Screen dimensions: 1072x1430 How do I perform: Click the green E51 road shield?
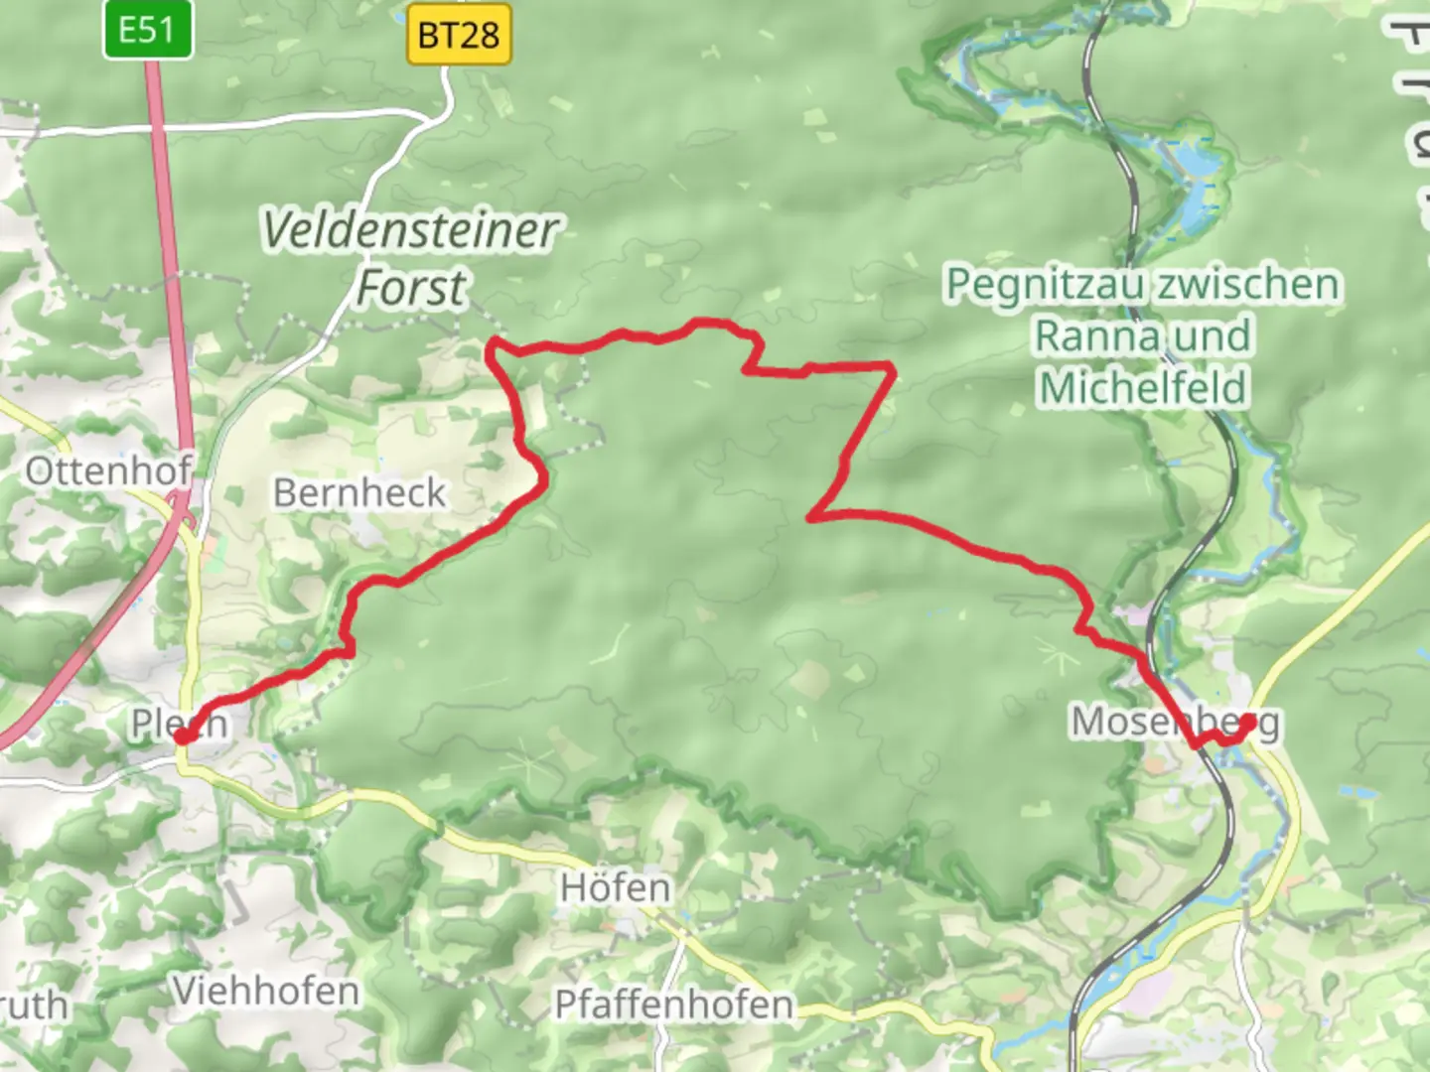[147, 30]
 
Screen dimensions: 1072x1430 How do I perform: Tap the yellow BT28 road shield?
[459, 36]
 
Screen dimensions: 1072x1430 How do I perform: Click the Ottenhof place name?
[107, 470]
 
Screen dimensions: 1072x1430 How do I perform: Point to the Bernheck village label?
[359, 493]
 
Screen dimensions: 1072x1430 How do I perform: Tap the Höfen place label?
[615, 887]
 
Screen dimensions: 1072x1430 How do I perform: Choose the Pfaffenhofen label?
[673, 1005]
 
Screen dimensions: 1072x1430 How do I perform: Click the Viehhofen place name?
[265, 991]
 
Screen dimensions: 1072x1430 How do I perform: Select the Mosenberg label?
[1174, 722]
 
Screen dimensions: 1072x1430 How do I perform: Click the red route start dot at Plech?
[183, 736]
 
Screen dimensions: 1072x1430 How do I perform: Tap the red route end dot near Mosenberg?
[1247, 722]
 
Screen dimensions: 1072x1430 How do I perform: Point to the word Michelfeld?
[1142, 388]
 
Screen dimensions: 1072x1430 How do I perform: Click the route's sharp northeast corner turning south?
[894, 368]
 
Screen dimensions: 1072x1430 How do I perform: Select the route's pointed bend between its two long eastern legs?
[811, 517]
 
